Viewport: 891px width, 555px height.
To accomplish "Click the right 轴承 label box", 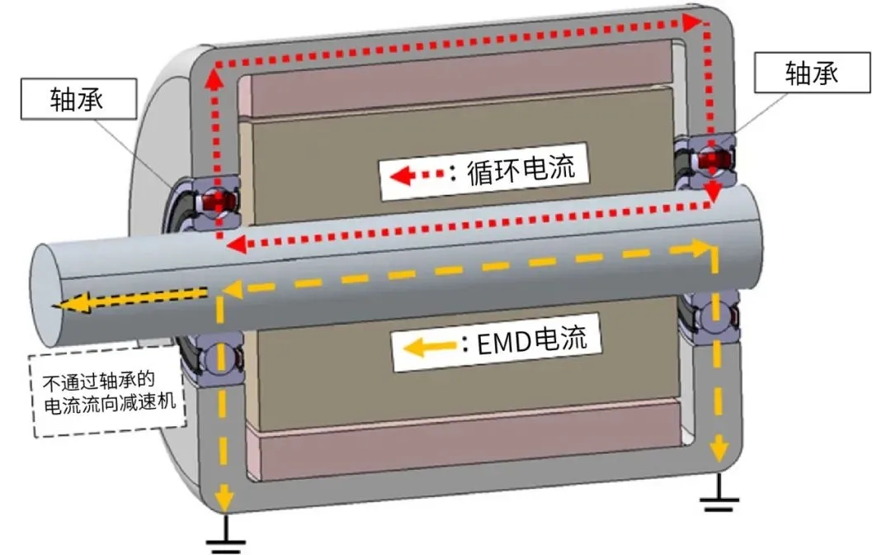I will [812, 74].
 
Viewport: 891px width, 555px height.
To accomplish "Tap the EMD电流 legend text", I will [534, 340].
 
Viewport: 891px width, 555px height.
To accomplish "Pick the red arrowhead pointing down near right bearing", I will [712, 197].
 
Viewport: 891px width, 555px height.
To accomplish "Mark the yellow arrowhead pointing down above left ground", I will [220, 498].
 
